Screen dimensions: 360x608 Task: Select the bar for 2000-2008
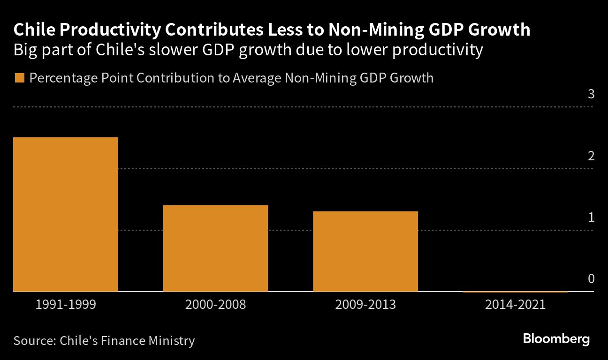tap(215, 248)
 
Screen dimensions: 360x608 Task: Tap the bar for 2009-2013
tap(365, 251)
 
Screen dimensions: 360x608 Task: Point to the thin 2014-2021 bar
tap(516, 292)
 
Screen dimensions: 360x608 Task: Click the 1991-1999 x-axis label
tap(66, 305)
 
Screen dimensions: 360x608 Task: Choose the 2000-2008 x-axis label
tap(215, 305)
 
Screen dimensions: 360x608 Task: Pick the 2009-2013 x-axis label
tap(365, 305)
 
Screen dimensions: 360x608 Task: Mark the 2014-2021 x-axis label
tap(516, 305)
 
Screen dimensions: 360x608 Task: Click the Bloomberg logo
tap(556, 339)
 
